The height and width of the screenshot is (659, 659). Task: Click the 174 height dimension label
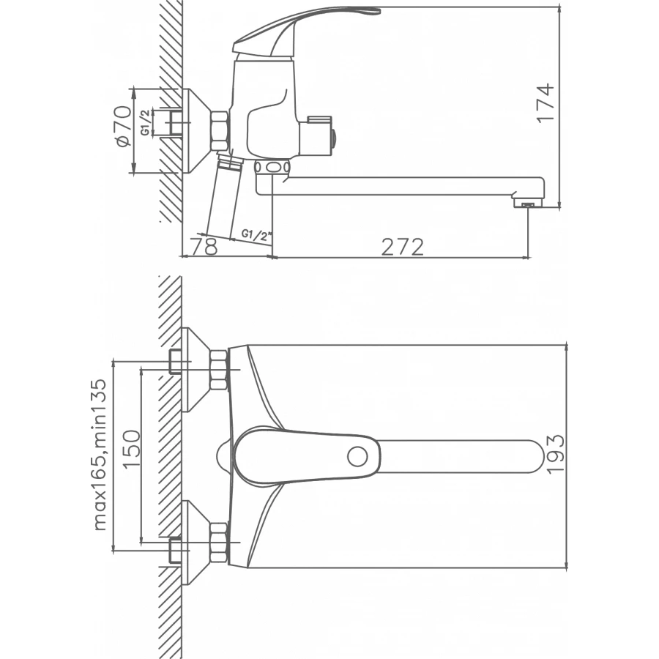pyautogui.click(x=545, y=103)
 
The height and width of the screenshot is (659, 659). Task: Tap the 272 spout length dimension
pyautogui.click(x=402, y=247)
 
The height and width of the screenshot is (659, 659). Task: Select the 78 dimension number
pyautogui.click(x=204, y=246)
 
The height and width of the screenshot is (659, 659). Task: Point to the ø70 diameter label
pyautogui.click(x=123, y=127)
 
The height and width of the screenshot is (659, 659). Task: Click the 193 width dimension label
pyautogui.click(x=555, y=454)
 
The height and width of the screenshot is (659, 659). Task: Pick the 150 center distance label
pyautogui.click(x=131, y=449)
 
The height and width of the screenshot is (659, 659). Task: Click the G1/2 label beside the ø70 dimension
pyautogui.click(x=144, y=122)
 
